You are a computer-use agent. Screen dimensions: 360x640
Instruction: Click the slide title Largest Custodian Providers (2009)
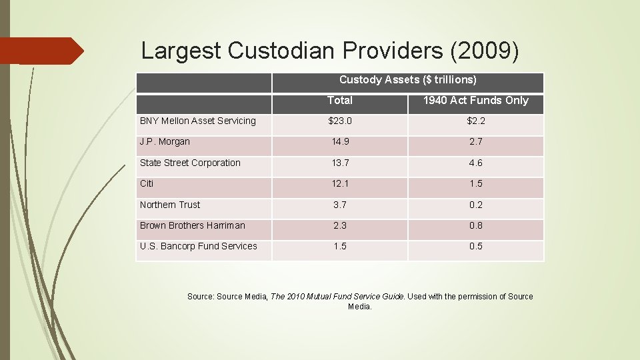point(329,51)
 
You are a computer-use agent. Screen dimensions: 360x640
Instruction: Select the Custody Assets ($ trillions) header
point(407,80)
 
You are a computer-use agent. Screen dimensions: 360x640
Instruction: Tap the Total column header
point(339,101)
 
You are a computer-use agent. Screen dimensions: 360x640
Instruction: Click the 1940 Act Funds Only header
point(475,101)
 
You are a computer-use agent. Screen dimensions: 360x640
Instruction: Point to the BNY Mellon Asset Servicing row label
point(198,121)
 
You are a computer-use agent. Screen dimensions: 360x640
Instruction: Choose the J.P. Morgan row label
point(165,141)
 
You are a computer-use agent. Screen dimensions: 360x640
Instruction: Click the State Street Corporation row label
point(190,163)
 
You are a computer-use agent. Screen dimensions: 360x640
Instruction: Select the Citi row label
point(147,183)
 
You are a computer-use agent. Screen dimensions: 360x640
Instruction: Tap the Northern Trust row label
point(170,205)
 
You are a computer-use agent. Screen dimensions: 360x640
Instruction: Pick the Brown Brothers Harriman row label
point(193,225)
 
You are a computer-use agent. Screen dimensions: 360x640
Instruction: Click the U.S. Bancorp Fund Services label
point(198,246)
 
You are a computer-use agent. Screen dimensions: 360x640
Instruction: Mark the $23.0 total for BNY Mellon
point(339,121)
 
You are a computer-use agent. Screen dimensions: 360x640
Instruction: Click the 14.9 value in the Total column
point(339,142)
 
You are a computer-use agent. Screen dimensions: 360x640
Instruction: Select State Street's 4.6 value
point(475,163)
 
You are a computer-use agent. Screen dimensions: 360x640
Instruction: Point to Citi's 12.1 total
point(339,183)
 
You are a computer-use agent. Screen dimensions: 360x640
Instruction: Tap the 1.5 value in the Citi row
point(475,183)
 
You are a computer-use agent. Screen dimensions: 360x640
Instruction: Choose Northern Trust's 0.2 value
point(475,205)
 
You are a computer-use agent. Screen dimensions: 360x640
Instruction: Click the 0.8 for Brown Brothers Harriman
point(475,225)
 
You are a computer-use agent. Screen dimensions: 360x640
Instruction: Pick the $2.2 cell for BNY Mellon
point(475,121)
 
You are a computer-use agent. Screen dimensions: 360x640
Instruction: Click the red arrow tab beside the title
point(40,51)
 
